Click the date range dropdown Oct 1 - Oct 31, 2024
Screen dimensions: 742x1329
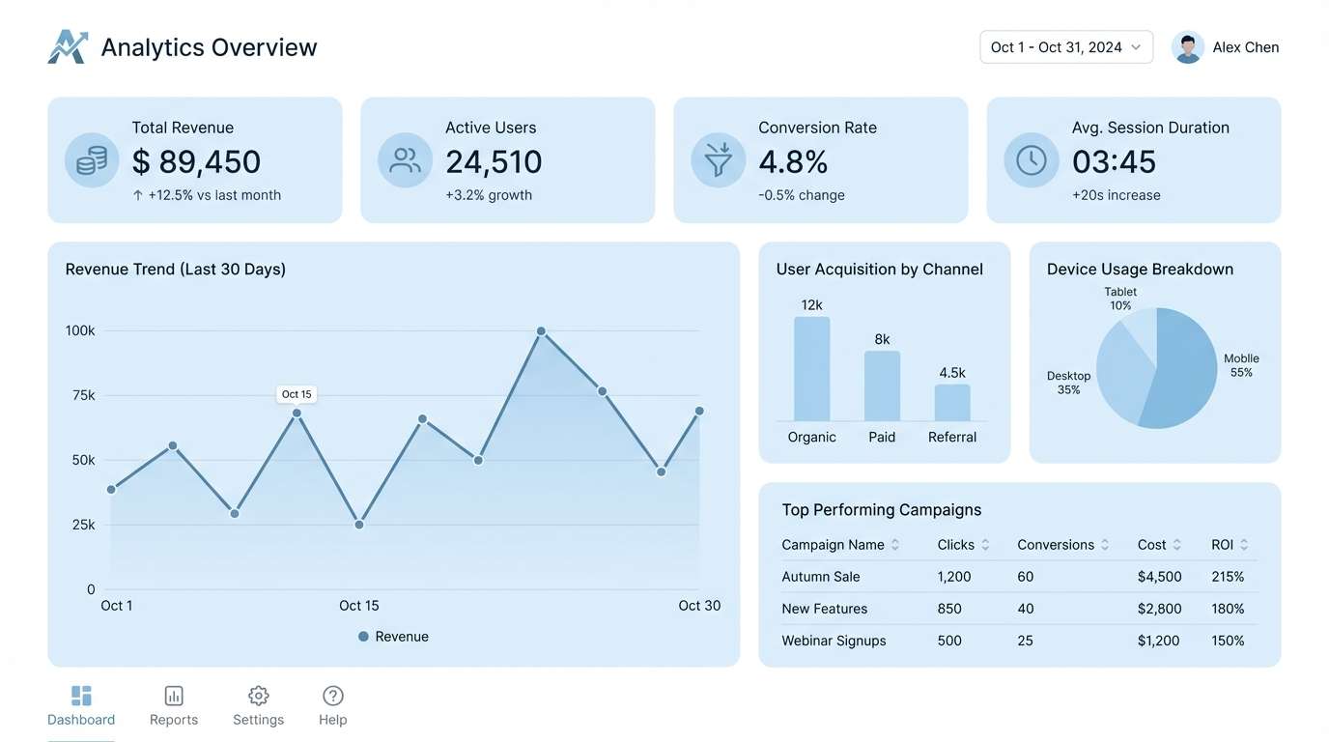pos(1065,47)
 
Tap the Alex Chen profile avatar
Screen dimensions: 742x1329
pos(1187,47)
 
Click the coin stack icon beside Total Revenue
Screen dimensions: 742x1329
pos(92,160)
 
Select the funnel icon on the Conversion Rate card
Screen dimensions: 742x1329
pos(718,160)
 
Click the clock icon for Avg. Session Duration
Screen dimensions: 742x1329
pos(1031,160)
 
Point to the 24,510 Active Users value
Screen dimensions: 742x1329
pos(494,162)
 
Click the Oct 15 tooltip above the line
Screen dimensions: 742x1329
pos(297,394)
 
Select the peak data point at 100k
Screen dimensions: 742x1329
pos(541,331)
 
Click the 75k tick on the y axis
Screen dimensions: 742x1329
pos(83,395)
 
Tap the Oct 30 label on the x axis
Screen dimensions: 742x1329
pos(699,606)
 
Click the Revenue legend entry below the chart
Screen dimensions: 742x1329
pos(393,637)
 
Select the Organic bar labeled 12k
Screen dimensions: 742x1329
pos(811,369)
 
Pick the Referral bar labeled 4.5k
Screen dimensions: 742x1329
pos(951,402)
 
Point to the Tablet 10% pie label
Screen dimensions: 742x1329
pos(1120,299)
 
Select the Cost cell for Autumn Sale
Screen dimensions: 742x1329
pos(1159,577)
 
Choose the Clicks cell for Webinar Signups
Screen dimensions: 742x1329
pos(949,641)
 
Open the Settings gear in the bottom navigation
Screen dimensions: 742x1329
pos(258,696)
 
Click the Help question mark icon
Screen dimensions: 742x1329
pos(332,696)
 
